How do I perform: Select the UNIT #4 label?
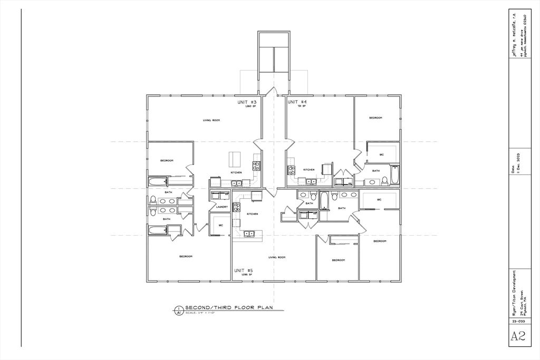pyautogui.click(x=297, y=102)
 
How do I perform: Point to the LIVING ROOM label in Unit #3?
pyautogui.click(x=211, y=121)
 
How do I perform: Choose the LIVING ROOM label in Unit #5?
pyautogui.click(x=276, y=257)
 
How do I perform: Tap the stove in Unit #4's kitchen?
pyautogui.click(x=291, y=170)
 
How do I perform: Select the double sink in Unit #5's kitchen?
pyautogui.click(x=248, y=233)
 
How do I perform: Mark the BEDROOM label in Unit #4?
pyautogui.click(x=375, y=118)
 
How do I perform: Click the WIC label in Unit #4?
pyautogui.click(x=382, y=154)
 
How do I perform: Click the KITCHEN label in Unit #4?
pyautogui.click(x=309, y=170)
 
